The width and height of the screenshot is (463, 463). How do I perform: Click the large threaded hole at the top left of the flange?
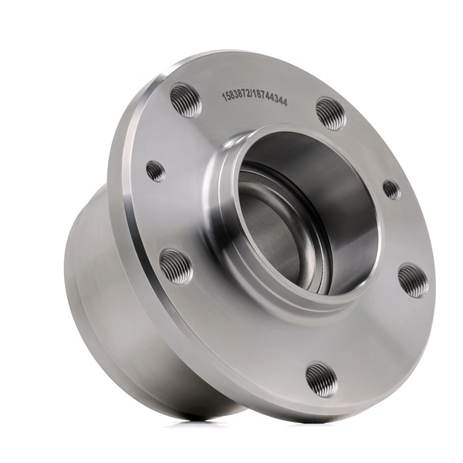click(186, 100)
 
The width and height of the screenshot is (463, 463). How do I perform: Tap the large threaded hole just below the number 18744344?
click(331, 114)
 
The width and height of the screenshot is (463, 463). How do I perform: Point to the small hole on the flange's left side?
click(156, 171)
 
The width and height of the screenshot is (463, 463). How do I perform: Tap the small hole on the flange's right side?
click(392, 189)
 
